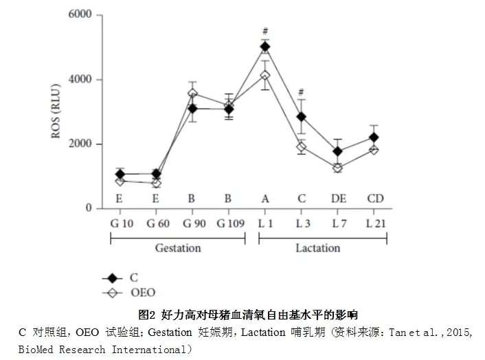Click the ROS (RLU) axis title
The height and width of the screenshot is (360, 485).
(58, 112)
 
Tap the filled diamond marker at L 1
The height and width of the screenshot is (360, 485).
(264, 47)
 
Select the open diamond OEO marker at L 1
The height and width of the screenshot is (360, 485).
(264, 75)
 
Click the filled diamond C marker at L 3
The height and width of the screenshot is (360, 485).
(301, 117)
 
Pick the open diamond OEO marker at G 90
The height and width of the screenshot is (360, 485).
(192, 93)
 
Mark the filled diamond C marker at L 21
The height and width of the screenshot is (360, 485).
(374, 137)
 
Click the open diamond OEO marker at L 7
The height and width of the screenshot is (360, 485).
(337, 168)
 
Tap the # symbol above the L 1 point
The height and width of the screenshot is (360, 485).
(264, 31)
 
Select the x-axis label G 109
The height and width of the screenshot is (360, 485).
(229, 224)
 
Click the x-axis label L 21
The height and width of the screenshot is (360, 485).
(374, 224)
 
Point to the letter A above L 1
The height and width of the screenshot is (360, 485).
(264, 199)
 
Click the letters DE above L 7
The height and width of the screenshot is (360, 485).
(337, 199)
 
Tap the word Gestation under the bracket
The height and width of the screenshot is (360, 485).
(177, 248)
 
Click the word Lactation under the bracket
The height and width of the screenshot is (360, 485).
(318, 248)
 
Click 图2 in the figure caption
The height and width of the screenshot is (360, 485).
(148, 315)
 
